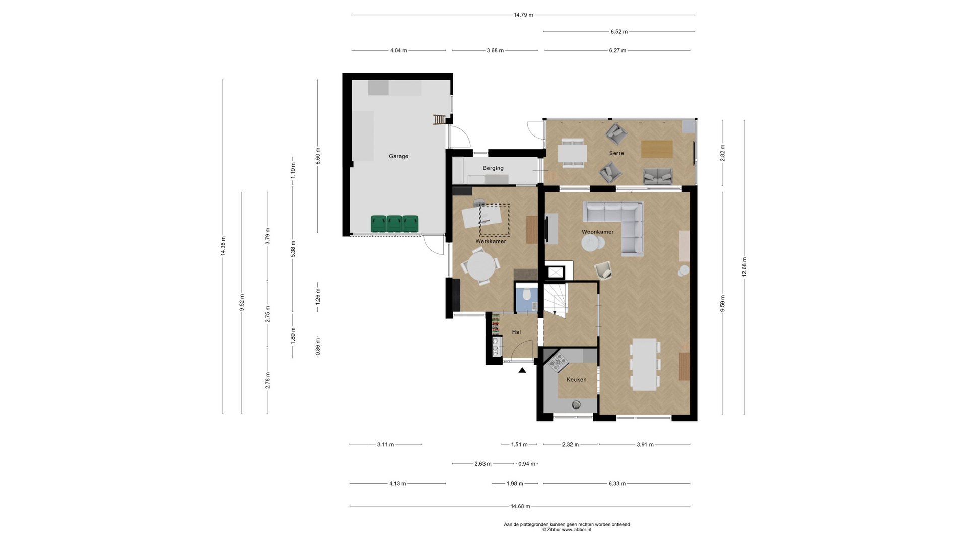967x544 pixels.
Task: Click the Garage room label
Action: click(398, 156)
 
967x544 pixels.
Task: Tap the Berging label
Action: click(493, 168)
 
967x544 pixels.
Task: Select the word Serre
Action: click(616, 153)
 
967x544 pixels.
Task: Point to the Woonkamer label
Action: click(598, 232)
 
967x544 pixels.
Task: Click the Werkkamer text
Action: click(491, 241)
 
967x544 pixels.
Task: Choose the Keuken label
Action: click(576, 380)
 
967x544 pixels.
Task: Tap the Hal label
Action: click(516, 332)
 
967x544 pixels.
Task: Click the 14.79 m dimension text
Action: click(523, 15)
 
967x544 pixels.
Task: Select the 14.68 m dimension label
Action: click(520, 506)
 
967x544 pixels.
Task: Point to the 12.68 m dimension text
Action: click(744, 267)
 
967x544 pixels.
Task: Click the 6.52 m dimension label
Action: click(619, 31)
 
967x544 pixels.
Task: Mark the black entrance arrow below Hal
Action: click(522, 370)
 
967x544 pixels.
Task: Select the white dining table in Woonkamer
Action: click(645, 365)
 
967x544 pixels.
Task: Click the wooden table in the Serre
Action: click(657, 149)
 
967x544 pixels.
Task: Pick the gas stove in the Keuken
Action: click(558, 362)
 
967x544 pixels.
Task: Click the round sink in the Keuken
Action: click(576, 404)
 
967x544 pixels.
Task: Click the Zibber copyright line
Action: click(567, 530)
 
